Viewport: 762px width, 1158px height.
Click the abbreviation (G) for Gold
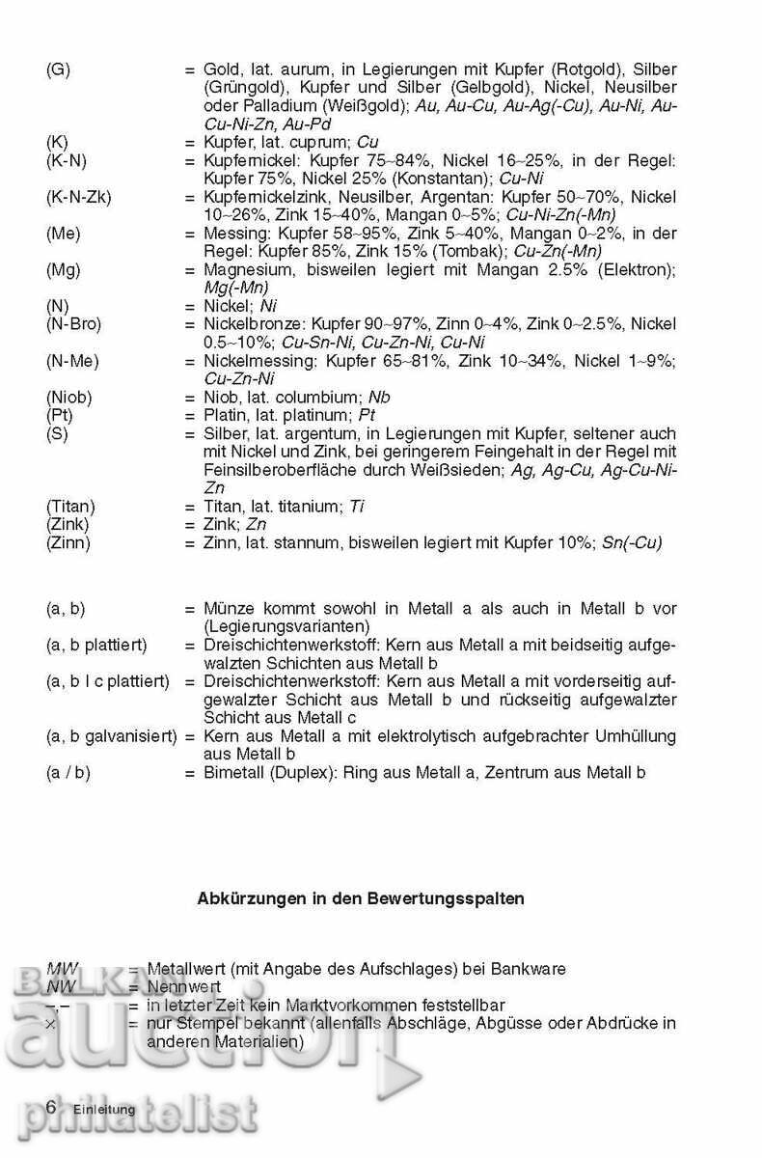(x=58, y=70)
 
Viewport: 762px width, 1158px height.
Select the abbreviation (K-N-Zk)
(x=78, y=197)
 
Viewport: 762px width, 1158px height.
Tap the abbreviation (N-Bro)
(x=73, y=324)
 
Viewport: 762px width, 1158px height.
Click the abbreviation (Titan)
(x=70, y=506)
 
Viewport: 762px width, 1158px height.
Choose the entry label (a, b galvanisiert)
(x=111, y=736)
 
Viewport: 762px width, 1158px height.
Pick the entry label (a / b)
(x=68, y=772)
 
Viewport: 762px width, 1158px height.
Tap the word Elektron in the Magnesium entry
(x=636, y=269)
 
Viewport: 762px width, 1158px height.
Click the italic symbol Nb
(x=380, y=397)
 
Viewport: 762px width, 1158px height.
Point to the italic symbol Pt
(x=367, y=415)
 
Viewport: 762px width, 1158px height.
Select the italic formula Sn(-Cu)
(x=631, y=542)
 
